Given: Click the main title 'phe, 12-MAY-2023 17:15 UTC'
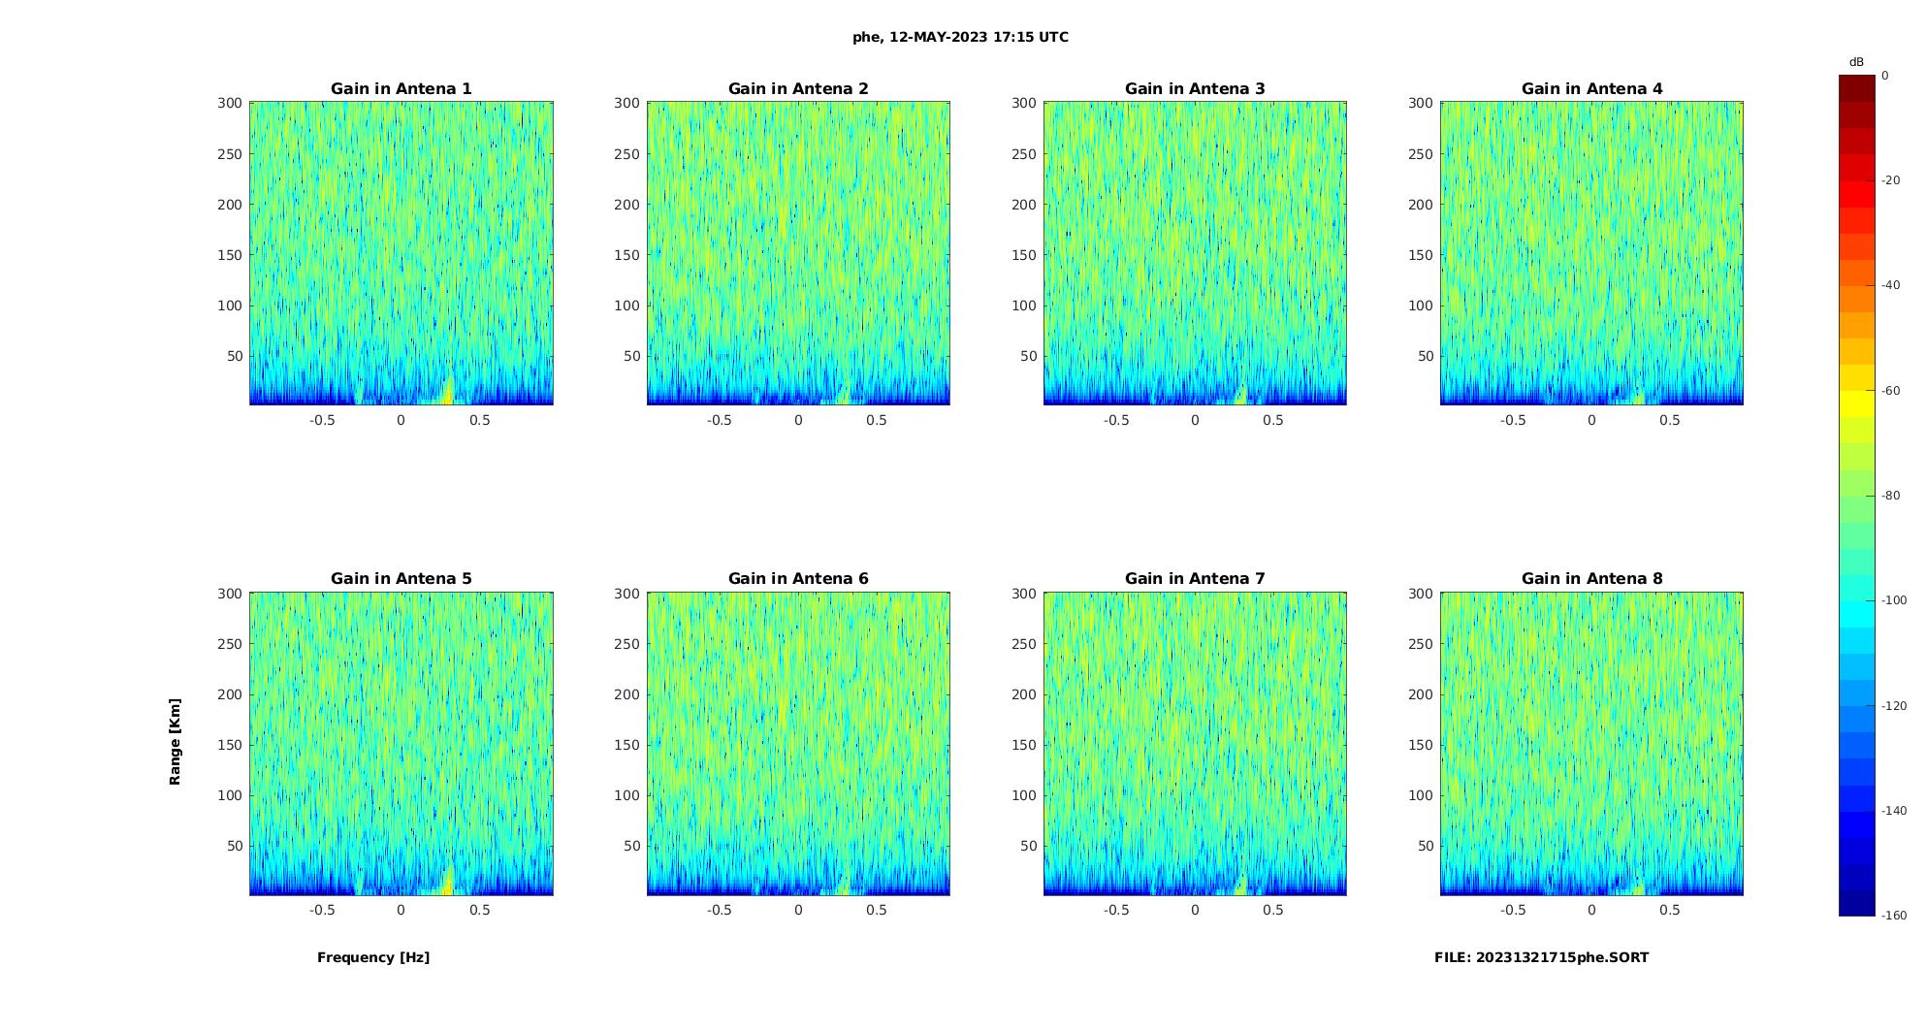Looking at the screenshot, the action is pos(960,38).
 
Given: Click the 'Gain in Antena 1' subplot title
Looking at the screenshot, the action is pos(401,89).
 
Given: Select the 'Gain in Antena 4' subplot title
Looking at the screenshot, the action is pos(1591,89).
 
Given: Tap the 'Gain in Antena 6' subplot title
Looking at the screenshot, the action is pos(798,579).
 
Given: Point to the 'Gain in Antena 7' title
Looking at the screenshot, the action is pos(1195,579).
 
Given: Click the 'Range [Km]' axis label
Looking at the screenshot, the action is pos(176,742).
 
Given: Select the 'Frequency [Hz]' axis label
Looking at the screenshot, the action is pos(373,958).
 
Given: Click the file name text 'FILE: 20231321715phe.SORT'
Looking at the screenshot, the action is pos(1541,958).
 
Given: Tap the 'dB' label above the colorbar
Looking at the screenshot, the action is pos(1856,62).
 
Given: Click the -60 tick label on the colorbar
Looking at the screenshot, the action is pos(1891,391).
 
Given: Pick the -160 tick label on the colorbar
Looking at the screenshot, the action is pos(1894,916).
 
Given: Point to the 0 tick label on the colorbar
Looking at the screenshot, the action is pos(1885,76).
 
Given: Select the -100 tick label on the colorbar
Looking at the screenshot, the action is pos(1894,600).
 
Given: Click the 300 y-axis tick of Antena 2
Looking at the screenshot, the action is pos(627,103).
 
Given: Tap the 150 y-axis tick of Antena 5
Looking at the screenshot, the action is pos(231,745).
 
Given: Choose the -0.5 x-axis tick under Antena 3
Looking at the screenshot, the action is pos(1116,421).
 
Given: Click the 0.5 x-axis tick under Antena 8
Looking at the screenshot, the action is pos(1669,911).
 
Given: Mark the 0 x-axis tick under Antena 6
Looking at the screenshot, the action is pos(798,911).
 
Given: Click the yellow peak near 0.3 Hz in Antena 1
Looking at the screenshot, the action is pos(447,392).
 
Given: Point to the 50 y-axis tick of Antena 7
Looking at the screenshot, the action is pos(1028,846).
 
